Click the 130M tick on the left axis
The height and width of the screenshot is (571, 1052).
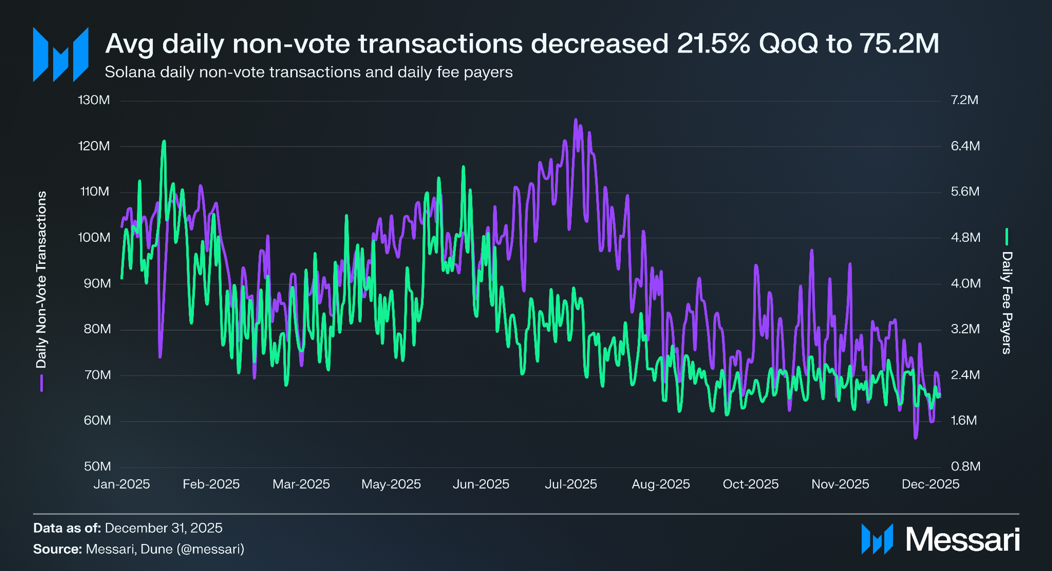click(x=94, y=100)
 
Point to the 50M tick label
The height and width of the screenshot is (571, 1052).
click(x=97, y=466)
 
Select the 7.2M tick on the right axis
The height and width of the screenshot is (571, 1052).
click(x=965, y=100)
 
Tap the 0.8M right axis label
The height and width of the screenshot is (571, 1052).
click(x=966, y=466)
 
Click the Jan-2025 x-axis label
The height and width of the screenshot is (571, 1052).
click(x=122, y=484)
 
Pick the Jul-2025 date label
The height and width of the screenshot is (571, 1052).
click(x=571, y=484)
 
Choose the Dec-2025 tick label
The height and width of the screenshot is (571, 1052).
click(x=930, y=484)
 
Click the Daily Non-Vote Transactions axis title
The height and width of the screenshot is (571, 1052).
click(x=41, y=280)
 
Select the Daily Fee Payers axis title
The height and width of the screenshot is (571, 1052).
click(x=1007, y=302)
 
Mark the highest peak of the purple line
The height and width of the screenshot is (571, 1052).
click(x=576, y=119)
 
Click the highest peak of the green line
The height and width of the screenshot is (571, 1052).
click(x=164, y=141)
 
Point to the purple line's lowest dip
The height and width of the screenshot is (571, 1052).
click(x=915, y=438)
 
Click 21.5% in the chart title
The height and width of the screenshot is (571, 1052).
click(x=713, y=43)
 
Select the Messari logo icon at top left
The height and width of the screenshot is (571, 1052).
click(x=61, y=55)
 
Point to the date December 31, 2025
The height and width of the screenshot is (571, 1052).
click(x=164, y=528)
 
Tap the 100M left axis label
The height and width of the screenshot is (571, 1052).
click(x=94, y=237)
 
